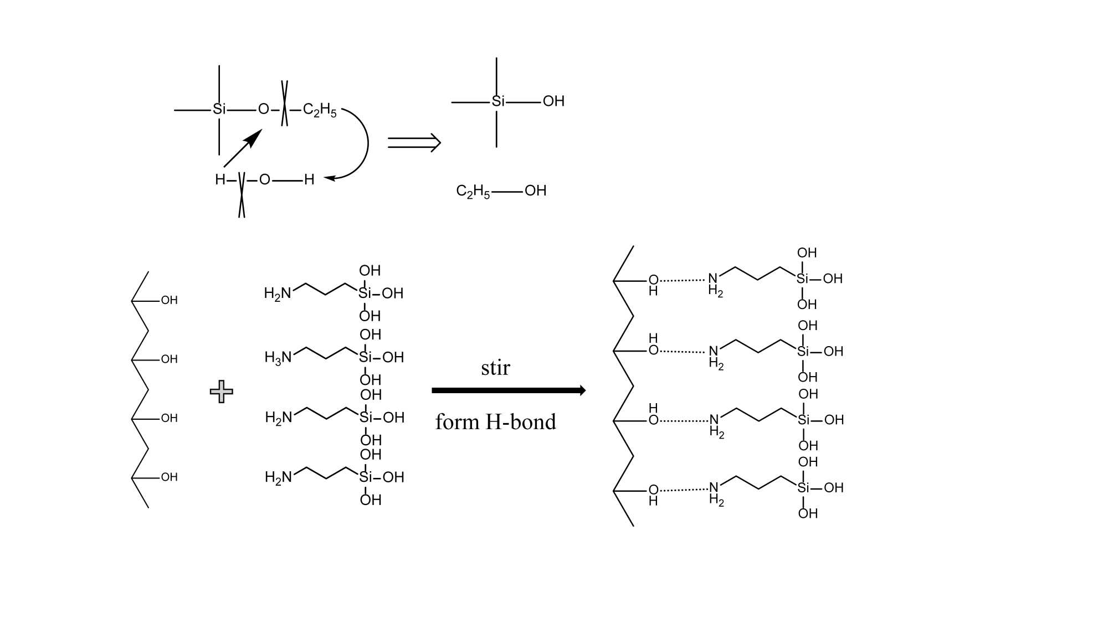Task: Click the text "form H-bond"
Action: (x=495, y=422)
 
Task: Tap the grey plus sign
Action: (x=222, y=392)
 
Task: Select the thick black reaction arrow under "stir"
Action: (x=508, y=390)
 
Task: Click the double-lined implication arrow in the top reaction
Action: (x=414, y=143)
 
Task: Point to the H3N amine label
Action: (x=278, y=358)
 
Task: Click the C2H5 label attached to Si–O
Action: (x=320, y=110)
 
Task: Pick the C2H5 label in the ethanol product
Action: (x=473, y=192)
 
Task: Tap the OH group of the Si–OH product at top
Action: (x=553, y=101)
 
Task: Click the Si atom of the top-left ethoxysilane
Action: (x=219, y=109)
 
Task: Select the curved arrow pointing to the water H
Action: (x=360, y=144)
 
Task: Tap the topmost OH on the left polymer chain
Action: (x=169, y=300)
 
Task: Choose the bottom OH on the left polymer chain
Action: (x=169, y=477)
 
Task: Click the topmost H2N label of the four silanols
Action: (x=278, y=294)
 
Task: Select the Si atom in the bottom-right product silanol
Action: (x=803, y=488)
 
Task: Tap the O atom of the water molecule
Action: (x=265, y=179)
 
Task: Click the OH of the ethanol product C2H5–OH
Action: (x=535, y=191)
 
